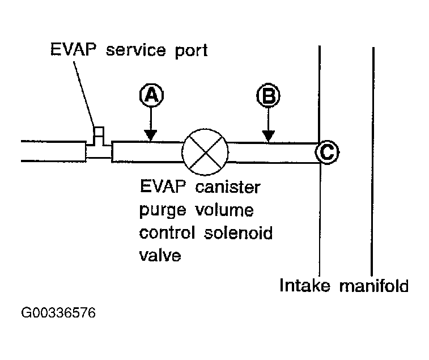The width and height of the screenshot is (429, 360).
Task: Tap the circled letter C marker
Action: coord(327,152)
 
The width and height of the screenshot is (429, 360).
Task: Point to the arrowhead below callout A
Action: coord(150,135)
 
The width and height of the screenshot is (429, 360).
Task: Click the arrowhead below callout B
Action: coord(267,135)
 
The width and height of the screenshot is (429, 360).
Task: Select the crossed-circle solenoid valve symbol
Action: coord(205,151)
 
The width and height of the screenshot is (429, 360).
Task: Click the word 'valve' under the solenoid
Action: coord(160,255)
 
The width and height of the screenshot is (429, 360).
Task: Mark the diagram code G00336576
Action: coord(58,313)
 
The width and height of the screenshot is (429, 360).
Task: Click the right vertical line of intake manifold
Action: coord(373,159)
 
